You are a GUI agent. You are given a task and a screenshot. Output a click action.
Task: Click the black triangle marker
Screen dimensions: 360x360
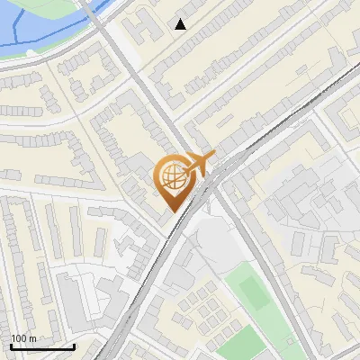tap(181, 24)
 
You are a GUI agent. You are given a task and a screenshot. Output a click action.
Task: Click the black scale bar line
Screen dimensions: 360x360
tap(42, 346)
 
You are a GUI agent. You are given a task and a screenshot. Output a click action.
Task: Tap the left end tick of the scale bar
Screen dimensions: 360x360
tap(11, 345)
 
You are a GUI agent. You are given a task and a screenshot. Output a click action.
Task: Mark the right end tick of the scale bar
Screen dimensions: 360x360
tap(74, 345)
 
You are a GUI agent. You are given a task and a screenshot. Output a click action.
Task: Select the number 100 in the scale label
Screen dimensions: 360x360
tap(19, 338)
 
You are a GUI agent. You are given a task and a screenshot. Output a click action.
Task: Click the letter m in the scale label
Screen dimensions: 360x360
tap(32, 339)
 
